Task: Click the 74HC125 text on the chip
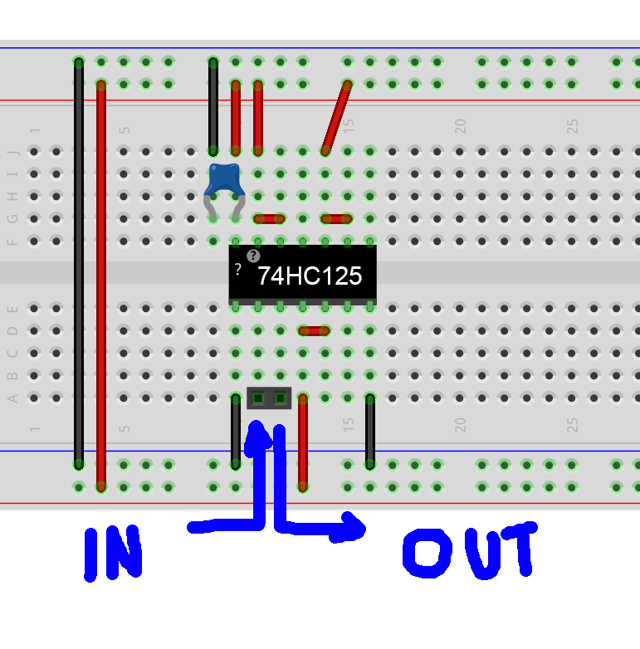[x=310, y=276]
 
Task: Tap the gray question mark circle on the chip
[x=253, y=256]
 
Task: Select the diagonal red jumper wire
[x=336, y=119]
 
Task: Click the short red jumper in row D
[x=315, y=330]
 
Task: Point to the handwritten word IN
[x=113, y=554]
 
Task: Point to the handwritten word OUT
[x=470, y=550]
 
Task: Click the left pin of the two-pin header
[x=258, y=398]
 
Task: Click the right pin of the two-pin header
[x=281, y=398]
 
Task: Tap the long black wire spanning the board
[x=79, y=264]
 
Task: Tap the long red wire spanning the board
[x=101, y=286]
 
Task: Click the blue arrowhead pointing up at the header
[x=257, y=439]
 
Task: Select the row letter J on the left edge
[x=12, y=153]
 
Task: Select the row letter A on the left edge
[x=12, y=398]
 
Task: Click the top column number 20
[x=461, y=126]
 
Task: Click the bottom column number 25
[x=572, y=425]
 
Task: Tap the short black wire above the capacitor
[x=213, y=107]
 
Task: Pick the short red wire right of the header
[x=303, y=443]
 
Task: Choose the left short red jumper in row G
[x=269, y=219]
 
